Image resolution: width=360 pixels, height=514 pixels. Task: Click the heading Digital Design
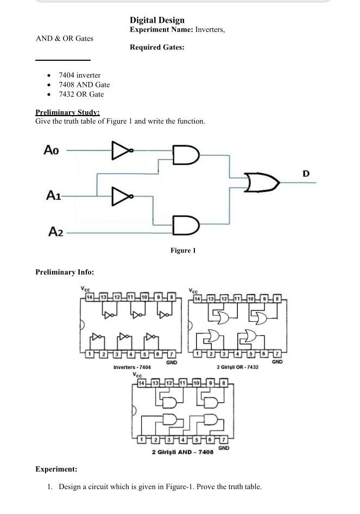[x=157, y=20]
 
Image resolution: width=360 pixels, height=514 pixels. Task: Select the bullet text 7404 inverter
[x=79, y=75]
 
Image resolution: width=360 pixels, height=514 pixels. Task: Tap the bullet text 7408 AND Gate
[x=84, y=85]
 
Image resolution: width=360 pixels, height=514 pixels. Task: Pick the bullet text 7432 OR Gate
[x=81, y=94]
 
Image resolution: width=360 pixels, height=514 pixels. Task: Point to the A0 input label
[x=51, y=150]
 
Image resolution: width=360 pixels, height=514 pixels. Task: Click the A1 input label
[x=53, y=195]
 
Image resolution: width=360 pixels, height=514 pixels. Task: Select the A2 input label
[x=55, y=232]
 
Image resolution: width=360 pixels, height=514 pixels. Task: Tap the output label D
[x=306, y=174]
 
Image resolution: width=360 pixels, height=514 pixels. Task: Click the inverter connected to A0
[x=122, y=151]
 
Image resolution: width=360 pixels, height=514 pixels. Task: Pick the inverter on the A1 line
[x=122, y=196]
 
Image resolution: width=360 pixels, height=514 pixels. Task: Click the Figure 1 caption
[x=183, y=250]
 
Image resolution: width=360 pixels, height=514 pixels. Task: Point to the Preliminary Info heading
[x=65, y=272]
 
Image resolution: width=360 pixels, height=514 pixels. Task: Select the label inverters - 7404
[x=132, y=367]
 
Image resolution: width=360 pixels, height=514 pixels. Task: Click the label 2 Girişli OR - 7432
[x=237, y=367]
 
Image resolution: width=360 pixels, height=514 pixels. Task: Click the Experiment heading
[x=56, y=469]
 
